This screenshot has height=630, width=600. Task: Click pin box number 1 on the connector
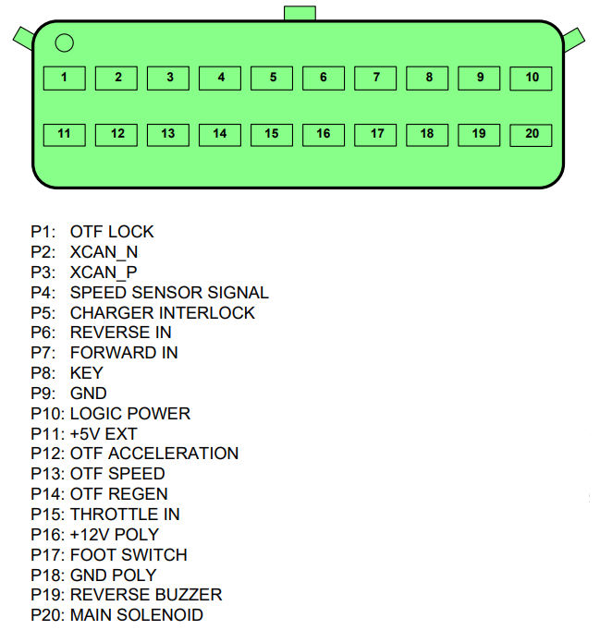click(65, 78)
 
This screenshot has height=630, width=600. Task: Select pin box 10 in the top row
click(531, 79)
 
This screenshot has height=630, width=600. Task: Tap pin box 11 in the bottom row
click(65, 135)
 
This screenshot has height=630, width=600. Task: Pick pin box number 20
click(531, 136)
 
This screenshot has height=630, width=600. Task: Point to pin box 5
click(272, 78)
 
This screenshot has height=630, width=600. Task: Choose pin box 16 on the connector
click(324, 135)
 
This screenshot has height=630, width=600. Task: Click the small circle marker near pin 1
click(65, 43)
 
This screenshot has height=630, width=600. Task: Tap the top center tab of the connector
click(300, 13)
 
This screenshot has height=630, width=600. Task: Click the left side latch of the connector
click(23, 38)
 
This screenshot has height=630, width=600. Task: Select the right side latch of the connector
click(574, 40)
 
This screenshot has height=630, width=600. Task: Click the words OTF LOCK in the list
click(112, 232)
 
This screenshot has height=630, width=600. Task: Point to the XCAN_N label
click(104, 252)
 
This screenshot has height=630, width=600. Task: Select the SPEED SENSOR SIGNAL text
click(169, 293)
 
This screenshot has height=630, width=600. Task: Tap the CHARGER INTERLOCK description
click(163, 313)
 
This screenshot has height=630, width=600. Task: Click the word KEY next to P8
click(87, 373)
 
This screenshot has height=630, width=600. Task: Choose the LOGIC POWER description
click(130, 414)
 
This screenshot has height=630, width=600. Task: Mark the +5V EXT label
click(104, 434)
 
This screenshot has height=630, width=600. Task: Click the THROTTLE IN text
click(125, 515)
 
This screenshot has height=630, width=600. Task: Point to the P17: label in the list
click(48, 555)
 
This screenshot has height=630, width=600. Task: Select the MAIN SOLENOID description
click(137, 615)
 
